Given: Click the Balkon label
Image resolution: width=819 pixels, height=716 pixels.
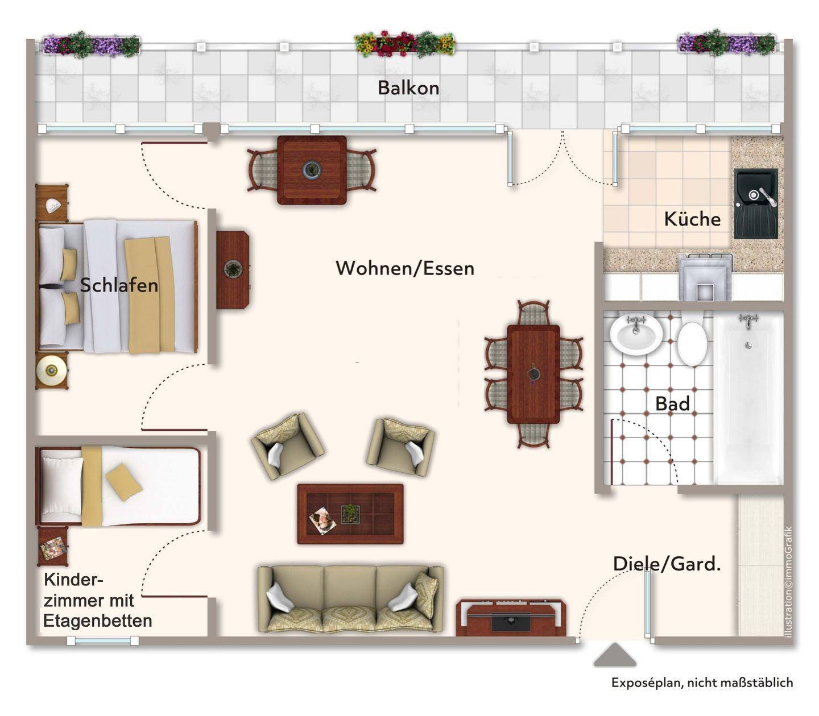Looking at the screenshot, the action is click(408, 88).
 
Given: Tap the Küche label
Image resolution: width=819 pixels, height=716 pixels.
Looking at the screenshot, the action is click(692, 219).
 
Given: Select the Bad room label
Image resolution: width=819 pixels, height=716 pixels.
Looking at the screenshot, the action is click(672, 403).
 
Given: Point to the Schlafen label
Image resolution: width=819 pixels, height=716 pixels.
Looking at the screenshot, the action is click(119, 285).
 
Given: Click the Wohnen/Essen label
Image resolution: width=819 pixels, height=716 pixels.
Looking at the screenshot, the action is click(405, 268).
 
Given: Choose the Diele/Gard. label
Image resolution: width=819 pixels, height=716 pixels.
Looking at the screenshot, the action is click(667, 564).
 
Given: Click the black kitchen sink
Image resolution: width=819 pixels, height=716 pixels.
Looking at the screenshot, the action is click(756, 203).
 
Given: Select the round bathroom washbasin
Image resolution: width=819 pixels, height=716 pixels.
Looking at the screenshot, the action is click(636, 333).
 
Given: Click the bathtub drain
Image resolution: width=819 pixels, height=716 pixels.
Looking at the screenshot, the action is click(748, 345).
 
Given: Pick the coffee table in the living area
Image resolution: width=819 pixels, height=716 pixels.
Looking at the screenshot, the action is click(350, 514).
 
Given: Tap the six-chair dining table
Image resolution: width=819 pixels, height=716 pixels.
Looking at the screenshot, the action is click(533, 374).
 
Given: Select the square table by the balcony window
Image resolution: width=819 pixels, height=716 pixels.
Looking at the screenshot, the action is click(312, 170).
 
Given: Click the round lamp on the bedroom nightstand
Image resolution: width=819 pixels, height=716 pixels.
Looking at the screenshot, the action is click(51, 371).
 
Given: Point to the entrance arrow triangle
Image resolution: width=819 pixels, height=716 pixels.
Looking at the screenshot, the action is click(614, 655).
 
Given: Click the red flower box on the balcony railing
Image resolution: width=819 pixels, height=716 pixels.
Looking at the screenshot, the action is click(404, 44).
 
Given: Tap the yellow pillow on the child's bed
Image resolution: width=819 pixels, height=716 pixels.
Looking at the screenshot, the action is click(123, 482).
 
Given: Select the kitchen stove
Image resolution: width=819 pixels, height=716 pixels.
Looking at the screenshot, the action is click(705, 277).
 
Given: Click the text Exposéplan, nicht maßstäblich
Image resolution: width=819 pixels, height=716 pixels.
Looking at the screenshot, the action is click(702, 682).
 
